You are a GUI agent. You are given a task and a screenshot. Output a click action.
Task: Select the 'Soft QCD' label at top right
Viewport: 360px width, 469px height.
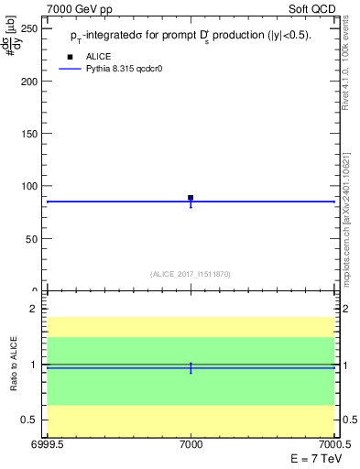(314, 7)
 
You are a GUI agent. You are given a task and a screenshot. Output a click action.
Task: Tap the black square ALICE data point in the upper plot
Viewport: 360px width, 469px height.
(191, 197)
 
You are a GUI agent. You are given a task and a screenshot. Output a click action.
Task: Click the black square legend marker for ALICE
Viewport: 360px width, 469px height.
(70, 57)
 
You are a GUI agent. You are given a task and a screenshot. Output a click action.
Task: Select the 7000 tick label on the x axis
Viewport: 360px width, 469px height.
(191, 444)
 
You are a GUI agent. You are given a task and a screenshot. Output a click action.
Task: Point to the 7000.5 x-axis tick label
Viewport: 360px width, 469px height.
(336, 444)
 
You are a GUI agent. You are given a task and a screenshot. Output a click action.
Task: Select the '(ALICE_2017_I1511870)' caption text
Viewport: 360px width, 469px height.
(191, 274)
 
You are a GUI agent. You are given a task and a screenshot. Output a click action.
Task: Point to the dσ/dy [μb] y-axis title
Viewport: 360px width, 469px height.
(14, 41)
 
